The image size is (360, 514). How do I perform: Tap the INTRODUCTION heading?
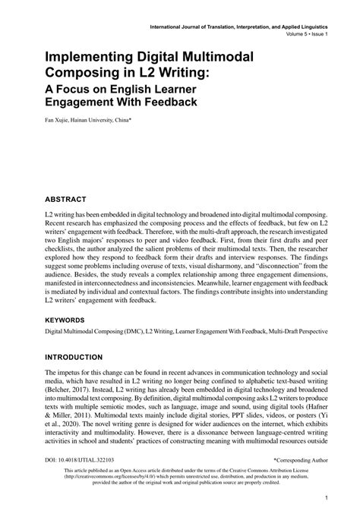(84, 356)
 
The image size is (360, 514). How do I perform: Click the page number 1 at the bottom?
(324, 499)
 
